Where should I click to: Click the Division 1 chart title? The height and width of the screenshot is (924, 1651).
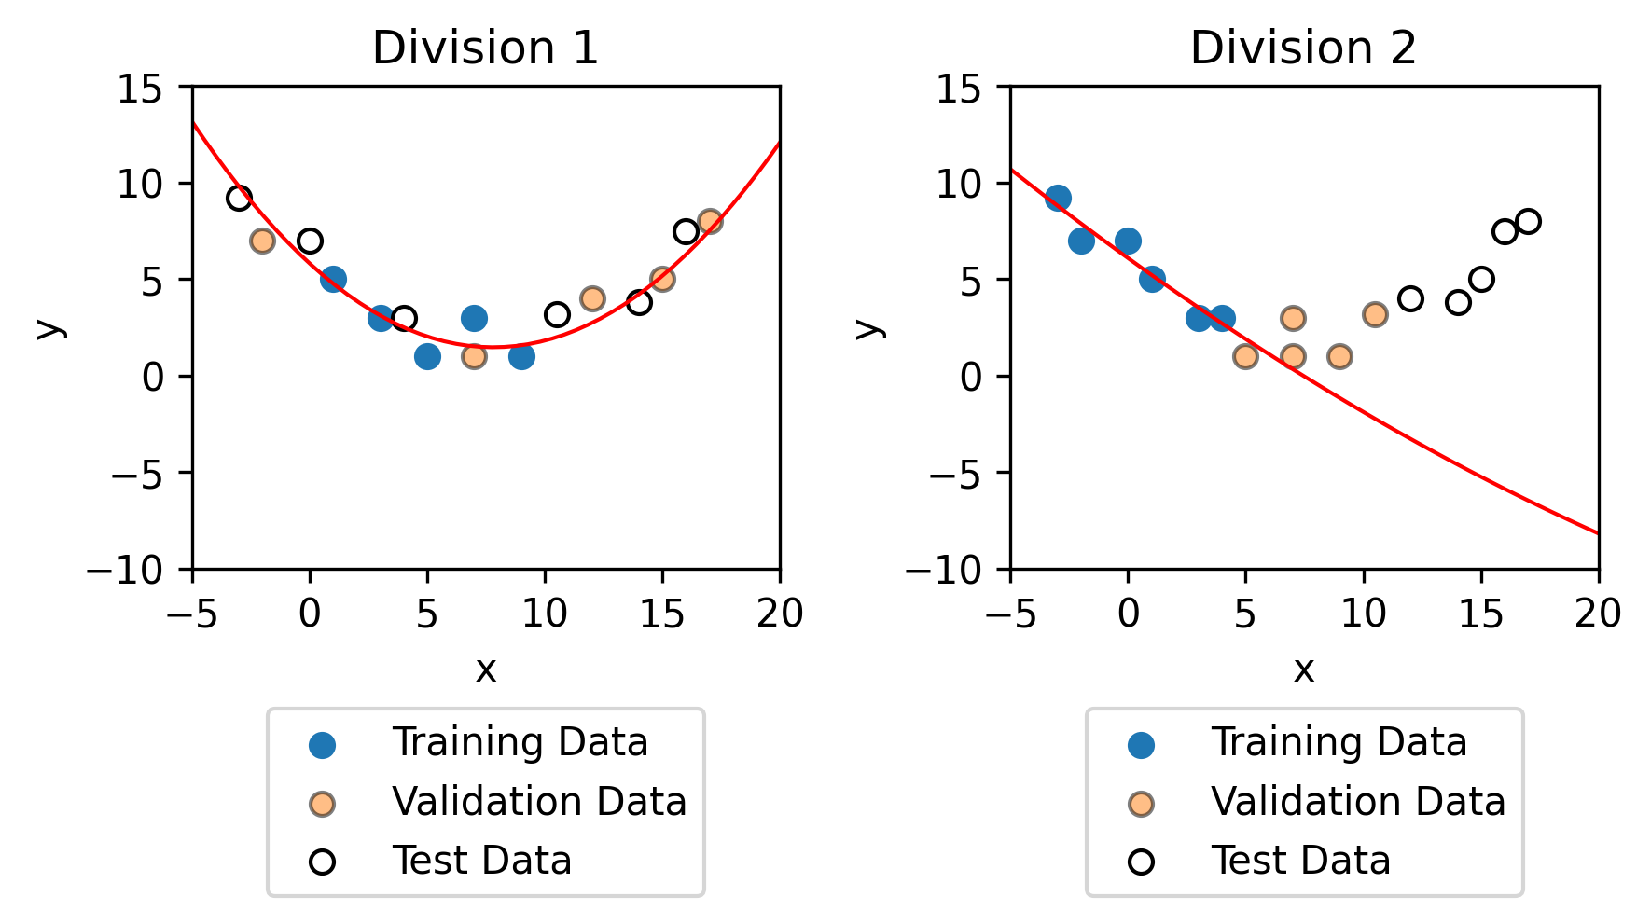485,48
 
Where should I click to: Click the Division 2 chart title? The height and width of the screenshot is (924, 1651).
1303,48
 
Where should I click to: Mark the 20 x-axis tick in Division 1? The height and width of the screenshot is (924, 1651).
780,614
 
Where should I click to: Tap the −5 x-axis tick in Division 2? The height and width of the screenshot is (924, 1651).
1011,614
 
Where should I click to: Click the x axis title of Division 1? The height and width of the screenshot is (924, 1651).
485,669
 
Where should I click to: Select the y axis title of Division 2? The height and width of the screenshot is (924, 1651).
869,327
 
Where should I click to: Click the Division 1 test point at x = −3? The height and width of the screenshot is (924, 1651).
240,198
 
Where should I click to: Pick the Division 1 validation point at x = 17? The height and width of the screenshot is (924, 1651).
710,221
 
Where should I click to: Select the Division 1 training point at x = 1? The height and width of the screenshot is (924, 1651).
334,279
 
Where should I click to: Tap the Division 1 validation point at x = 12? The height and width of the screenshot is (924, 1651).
592,298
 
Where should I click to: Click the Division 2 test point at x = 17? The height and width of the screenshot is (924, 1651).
1528,221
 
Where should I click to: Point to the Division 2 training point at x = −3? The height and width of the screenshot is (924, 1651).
1058,198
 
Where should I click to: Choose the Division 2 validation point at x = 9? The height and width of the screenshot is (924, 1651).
1339,356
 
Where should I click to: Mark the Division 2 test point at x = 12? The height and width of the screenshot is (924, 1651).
1410,298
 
